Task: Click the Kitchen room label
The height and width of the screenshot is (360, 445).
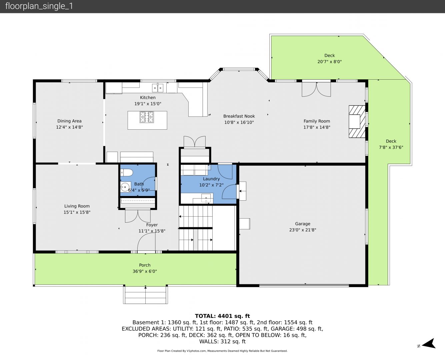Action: tap(148, 98)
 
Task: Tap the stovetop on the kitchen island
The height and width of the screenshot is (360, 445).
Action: tap(147, 117)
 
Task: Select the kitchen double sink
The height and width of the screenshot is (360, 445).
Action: tap(158, 88)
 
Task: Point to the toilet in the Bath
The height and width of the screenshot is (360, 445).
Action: tap(127, 173)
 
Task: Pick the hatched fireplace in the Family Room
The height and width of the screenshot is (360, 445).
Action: tap(357, 122)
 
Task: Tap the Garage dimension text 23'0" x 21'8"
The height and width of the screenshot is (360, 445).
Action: tap(303, 230)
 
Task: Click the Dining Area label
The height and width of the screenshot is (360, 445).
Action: tap(69, 121)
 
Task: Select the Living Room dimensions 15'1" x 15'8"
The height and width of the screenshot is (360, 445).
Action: tap(77, 212)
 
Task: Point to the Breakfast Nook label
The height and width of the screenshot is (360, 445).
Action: tap(239, 116)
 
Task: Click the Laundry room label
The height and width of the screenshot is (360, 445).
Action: tap(211, 179)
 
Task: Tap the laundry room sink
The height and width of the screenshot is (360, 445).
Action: tap(206, 198)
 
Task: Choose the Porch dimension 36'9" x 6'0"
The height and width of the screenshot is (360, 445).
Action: tap(145, 271)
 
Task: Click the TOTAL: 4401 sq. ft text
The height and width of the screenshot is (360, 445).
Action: tap(222, 316)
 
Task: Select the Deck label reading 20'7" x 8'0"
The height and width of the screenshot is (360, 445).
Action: tap(329, 62)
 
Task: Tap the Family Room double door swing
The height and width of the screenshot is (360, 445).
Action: tap(316, 89)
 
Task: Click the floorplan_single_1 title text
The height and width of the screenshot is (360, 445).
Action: tap(39, 6)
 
